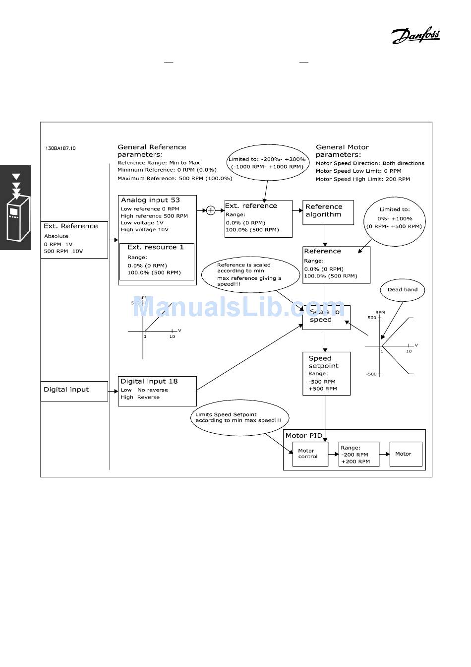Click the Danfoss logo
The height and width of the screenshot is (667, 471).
click(x=415, y=36)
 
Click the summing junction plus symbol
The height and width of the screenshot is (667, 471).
click(x=211, y=210)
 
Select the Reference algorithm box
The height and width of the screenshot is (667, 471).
click(x=328, y=212)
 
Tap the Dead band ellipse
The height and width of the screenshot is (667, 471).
click(x=403, y=290)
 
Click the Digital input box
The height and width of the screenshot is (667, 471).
click(x=74, y=391)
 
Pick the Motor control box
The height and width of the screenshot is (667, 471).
click(x=310, y=454)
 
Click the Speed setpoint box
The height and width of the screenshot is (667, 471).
click(x=326, y=373)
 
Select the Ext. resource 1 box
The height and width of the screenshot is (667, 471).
click(x=157, y=262)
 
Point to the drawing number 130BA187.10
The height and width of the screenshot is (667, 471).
click(x=61, y=148)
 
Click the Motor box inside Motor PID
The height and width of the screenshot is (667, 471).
click(x=406, y=454)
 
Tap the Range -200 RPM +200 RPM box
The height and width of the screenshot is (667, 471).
click(x=358, y=454)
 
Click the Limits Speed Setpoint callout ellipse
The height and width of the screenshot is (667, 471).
click(x=240, y=417)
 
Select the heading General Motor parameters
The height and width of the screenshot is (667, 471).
click(x=343, y=151)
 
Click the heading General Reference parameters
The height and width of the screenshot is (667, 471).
click(x=152, y=151)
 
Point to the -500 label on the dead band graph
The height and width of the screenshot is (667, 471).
click(x=371, y=374)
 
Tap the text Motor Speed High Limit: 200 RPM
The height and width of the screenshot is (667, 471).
click(x=363, y=179)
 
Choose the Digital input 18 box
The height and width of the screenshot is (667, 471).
click(x=157, y=391)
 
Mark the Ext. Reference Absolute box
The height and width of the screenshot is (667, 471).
click(x=74, y=239)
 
